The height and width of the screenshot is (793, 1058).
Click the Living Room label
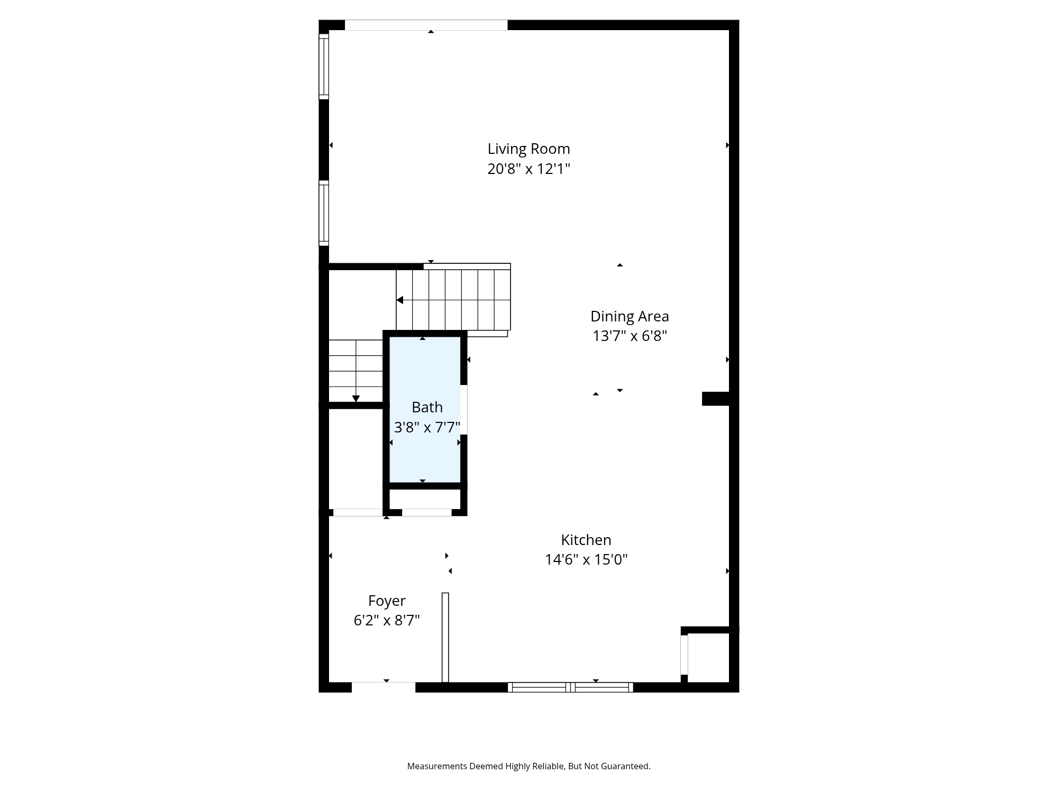click(528, 149)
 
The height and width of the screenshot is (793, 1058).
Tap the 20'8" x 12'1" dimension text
click(528, 169)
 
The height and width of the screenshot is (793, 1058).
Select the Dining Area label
click(630, 316)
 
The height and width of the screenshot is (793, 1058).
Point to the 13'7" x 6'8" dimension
click(630, 336)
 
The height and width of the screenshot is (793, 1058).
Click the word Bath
click(427, 407)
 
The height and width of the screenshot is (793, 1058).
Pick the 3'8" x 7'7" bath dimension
click(427, 427)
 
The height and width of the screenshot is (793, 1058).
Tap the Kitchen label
click(586, 540)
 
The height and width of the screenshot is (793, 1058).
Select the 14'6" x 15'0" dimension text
click(586, 559)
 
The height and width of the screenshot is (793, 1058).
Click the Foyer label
click(387, 601)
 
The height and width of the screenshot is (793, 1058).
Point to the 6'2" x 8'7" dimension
click(387, 620)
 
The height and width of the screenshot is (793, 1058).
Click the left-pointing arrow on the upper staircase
click(400, 300)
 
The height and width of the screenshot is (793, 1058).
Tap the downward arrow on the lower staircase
click(356, 399)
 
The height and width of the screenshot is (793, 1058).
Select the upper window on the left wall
click(324, 66)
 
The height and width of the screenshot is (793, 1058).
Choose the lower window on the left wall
click(324, 213)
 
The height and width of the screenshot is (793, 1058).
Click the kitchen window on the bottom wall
click(570, 687)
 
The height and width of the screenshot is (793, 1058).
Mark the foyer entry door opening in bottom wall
click(384, 687)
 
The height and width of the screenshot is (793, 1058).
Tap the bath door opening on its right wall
click(464, 410)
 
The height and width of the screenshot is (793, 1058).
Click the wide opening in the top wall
click(426, 25)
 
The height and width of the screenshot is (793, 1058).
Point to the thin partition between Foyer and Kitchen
click(445, 637)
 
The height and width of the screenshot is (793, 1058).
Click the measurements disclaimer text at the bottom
click(528, 766)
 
